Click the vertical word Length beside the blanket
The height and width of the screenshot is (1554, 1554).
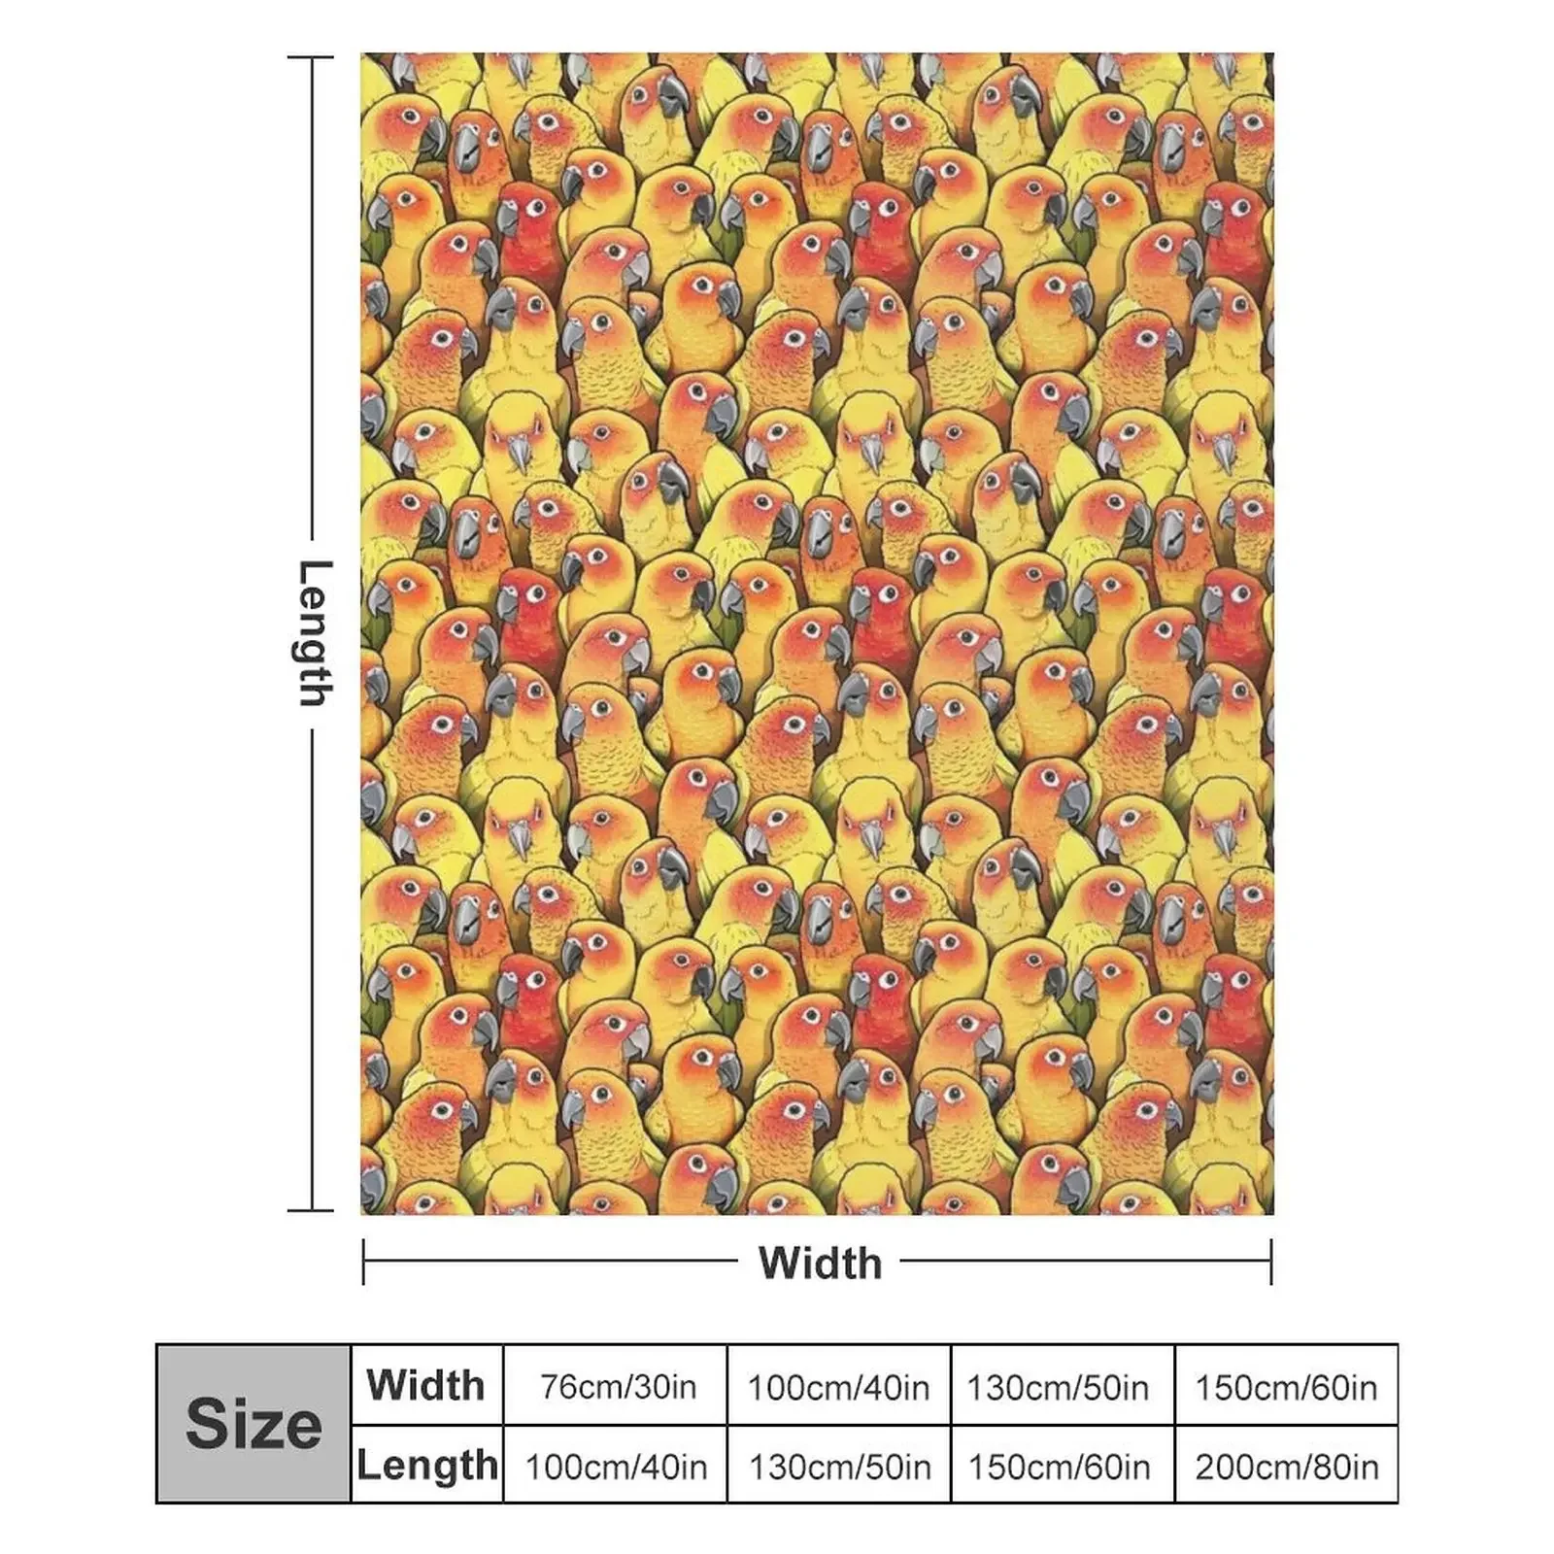[314, 633]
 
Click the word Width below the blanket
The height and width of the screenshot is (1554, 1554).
[820, 1263]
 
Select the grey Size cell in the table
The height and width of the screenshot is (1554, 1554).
[253, 1424]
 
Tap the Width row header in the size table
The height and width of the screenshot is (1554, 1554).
[425, 1385]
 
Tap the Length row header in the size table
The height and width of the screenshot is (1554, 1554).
[427, 1465]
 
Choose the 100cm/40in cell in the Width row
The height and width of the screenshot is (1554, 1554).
[838, 1387]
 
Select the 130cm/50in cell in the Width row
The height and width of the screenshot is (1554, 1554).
[1058, 1387]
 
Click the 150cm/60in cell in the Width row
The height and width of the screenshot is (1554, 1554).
[1286, 1387]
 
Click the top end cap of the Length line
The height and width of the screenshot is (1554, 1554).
[311, 58]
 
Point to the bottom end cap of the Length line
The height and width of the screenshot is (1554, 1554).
[311, 1210]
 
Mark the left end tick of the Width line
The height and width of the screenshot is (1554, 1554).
[363, 1262]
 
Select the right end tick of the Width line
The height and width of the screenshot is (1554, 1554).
[1270, 1262]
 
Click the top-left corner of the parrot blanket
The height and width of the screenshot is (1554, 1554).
[362, 55]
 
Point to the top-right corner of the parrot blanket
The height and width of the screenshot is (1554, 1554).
[1271, 55]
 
